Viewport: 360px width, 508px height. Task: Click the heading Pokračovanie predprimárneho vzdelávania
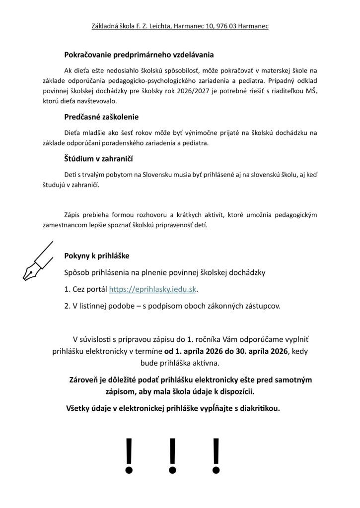[x=139, y=55]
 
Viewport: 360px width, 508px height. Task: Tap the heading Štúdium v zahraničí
[x=98, y=159]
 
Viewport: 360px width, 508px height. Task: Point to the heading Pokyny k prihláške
[x=97, y=256]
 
